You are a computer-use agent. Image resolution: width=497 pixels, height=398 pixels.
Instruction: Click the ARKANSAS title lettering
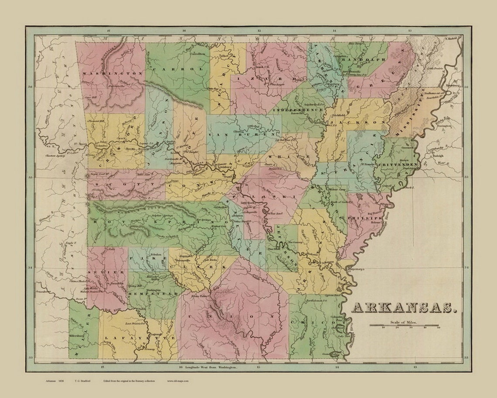[404, 307]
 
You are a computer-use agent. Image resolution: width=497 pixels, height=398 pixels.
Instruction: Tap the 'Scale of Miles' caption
[404, 321]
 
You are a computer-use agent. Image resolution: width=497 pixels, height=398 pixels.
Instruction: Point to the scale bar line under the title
[404, 325]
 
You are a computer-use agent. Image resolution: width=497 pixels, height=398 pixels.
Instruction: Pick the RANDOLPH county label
[359, 59]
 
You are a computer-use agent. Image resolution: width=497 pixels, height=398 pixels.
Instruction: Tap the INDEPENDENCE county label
[299, 111]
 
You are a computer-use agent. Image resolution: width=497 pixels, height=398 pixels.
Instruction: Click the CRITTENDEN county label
[397, 164]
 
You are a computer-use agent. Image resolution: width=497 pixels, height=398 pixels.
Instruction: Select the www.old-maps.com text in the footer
[177, 381]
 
